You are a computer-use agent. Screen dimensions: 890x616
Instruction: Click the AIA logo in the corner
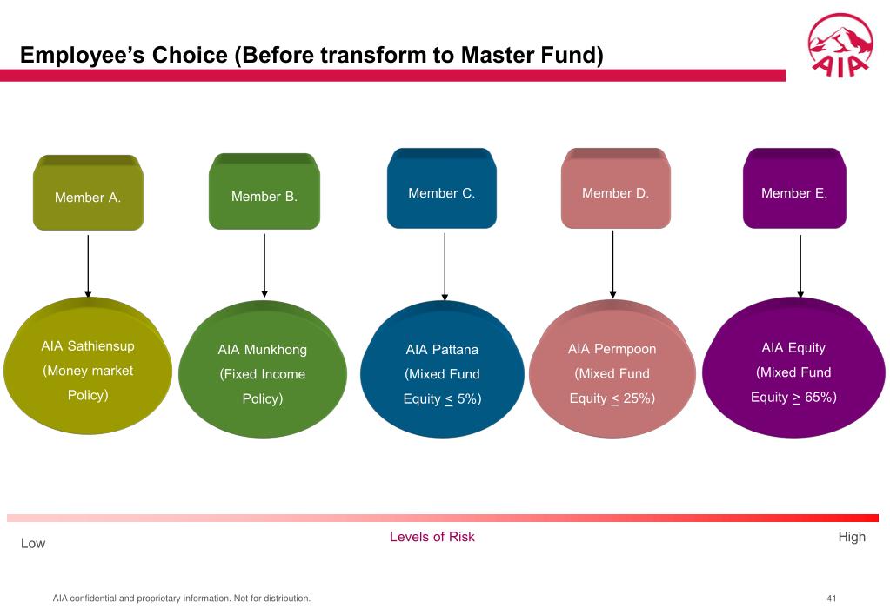(839, 46)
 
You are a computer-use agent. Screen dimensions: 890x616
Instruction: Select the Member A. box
(88, 193)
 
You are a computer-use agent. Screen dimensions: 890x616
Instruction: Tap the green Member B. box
(264, 192)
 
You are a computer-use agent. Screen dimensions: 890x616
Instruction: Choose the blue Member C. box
(442, 190)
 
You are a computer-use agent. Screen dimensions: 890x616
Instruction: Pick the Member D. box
(615, 190)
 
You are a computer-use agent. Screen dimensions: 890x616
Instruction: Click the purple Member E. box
(794, 190)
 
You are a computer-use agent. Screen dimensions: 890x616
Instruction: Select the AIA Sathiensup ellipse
(88, 370)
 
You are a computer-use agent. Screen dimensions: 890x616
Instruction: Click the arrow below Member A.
(88, 265)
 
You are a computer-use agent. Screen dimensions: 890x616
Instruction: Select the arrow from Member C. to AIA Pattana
(445, 265)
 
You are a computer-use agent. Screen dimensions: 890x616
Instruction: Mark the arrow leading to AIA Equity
(800, 265)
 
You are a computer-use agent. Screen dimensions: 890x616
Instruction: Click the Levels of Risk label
(432, 537)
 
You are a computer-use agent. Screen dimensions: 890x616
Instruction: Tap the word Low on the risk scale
(33, 543)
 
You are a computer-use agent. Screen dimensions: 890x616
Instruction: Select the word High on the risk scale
(852, 537)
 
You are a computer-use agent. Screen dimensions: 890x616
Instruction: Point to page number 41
(832, 599)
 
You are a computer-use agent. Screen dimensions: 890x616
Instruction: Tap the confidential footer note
(182, 599)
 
